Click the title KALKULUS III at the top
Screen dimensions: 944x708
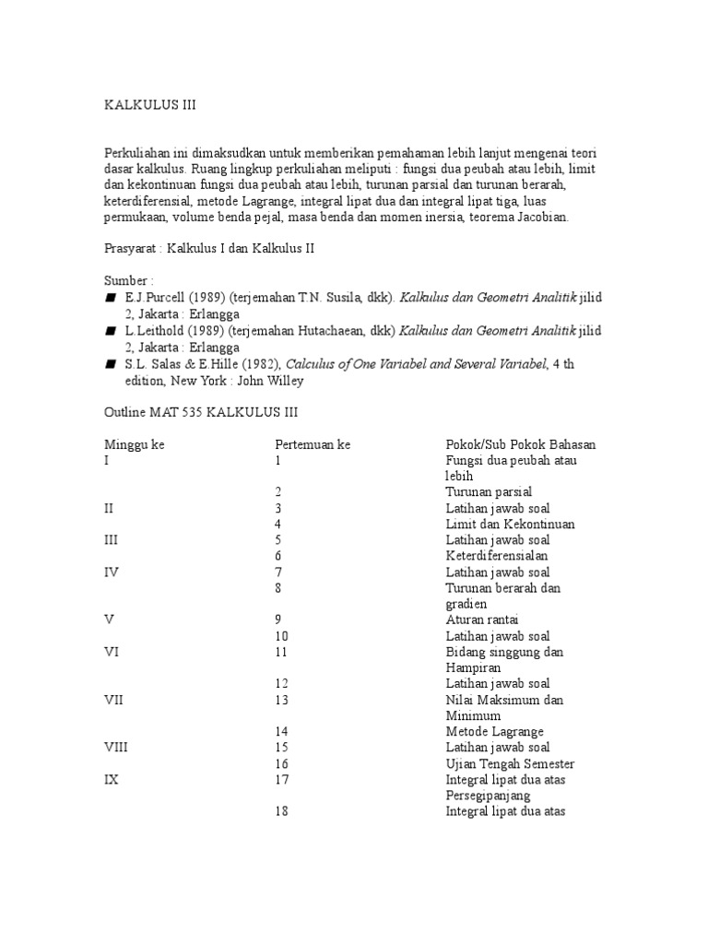click(149, 106)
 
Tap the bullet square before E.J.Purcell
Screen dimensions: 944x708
click(111, 299)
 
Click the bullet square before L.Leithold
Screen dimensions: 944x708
click(111, 331)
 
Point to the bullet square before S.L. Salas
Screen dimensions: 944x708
click(111, 364)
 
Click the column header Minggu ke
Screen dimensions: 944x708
click(134, 444)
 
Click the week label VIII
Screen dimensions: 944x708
click(116, 748)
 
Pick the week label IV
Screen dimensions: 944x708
click(112, 572)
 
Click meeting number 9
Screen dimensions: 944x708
click(278, 619)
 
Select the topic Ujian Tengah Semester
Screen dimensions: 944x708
click(510, 763)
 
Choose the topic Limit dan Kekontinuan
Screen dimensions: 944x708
click(510, 524)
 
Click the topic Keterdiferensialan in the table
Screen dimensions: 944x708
click(497, 556)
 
